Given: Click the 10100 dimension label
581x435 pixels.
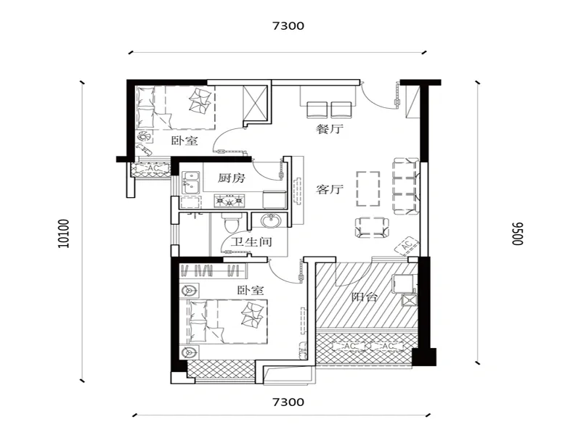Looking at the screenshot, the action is [64, 233].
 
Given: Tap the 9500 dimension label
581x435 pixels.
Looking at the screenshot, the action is [517, 233].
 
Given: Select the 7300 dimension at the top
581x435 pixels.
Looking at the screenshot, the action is [288, 26].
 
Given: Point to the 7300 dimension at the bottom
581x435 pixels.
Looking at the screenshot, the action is [288, 402].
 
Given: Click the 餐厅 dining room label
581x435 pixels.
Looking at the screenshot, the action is [330, 129].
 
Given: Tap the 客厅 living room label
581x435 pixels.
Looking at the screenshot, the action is [330, 189].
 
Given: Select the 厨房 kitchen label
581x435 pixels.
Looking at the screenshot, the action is [231, 178].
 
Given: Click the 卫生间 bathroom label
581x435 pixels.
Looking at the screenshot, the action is [251, 242].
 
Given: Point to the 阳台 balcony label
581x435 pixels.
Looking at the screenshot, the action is [365, 297].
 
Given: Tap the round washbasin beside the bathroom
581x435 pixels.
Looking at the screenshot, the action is [270, 222].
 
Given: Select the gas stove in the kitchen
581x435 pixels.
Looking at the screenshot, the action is [229, 201].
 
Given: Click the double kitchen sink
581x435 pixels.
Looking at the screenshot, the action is [191, 183].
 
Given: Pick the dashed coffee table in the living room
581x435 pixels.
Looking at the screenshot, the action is [368, 188].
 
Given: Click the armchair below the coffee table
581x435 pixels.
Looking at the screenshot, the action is [372, 228].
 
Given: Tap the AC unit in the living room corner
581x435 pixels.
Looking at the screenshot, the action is [407, 245].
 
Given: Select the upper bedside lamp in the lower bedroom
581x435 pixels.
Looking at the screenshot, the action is [190, 291].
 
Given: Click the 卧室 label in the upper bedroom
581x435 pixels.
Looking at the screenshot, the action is [184, 141].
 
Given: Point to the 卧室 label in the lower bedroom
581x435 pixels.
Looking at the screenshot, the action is [251, 290].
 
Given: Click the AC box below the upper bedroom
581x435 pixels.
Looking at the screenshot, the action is [152, 169].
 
